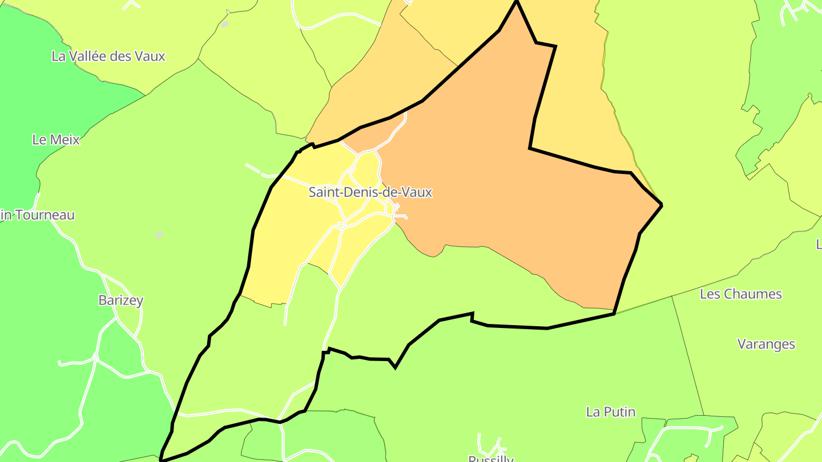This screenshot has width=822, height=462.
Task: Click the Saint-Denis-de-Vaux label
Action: click(x=370, y=192)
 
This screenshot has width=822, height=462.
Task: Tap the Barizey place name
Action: click(x=120, y=301)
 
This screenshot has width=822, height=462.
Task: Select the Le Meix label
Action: click(x=56, y=140)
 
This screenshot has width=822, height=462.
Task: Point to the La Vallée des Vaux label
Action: click(x=108, y=56)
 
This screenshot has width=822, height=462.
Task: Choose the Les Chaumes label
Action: click(x=740, y=294)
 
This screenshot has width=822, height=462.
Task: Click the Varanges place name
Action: click(x=766, y=345)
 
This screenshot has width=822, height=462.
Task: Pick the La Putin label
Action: click(x=611, y=412)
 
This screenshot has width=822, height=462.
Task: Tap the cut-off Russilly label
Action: click(x=491, y=458)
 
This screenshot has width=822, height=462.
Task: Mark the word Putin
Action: click(x=620, y=412)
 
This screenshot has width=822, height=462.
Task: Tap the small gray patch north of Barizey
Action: click(x=159, y=234)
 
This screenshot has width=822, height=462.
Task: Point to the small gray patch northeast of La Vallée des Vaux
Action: click(x=225, y=24)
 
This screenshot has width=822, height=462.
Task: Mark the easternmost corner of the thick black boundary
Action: click(x=662, y=205)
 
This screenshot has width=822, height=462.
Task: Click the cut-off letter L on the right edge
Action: click(x=819, y=245)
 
